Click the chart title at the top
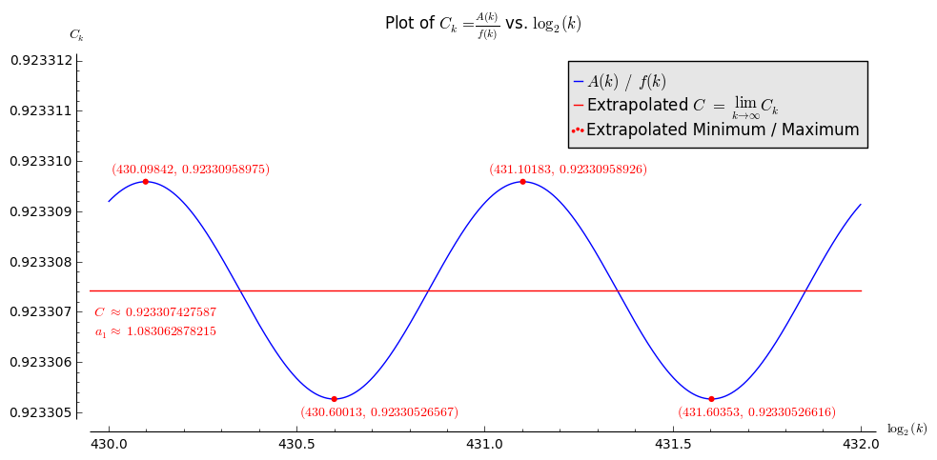point(482,24)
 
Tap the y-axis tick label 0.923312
point(41,60)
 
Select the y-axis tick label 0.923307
point(41,312)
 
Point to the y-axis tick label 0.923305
point(41,413)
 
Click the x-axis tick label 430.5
point(296,445)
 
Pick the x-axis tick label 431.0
point(484,445)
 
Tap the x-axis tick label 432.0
point(861,445)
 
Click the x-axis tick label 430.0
point(109,445)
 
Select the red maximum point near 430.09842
point(146,181)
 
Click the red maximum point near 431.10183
point(522,181)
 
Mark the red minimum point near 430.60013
point(334,399)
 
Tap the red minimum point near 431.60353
point(711,399)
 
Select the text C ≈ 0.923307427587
point(154,312)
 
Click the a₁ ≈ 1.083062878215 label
point(154,331)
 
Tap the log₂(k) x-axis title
point(906,429)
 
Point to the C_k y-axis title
point(76,35)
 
